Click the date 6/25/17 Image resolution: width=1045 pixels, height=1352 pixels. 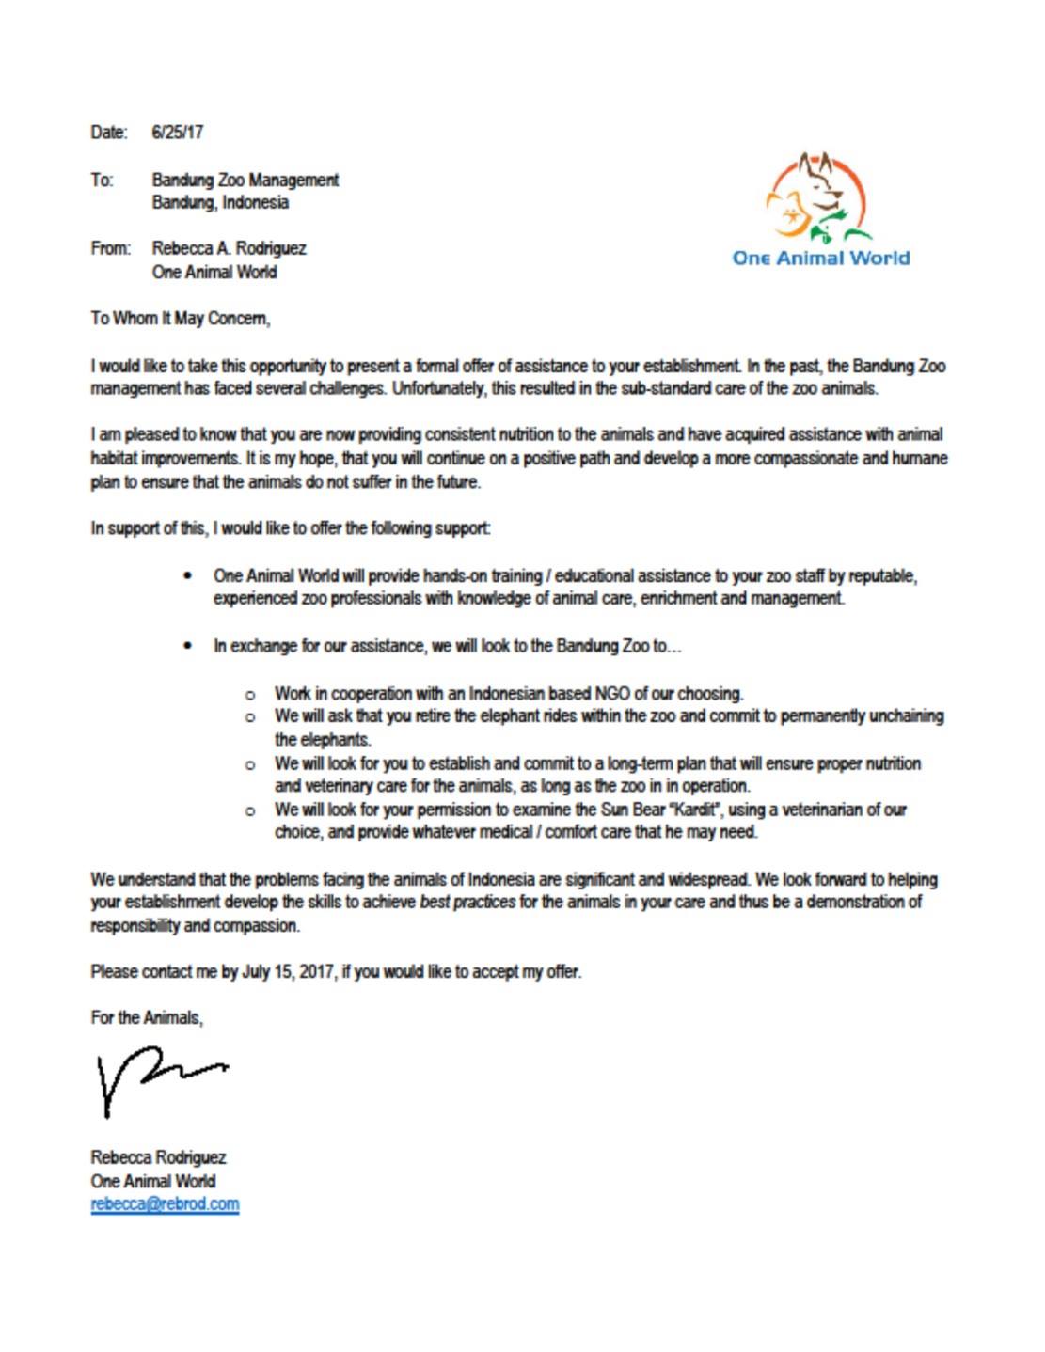(177, 133)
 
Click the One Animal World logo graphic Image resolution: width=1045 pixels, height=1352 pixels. (818, 198)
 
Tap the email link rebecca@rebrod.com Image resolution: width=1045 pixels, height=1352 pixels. (165, 1204)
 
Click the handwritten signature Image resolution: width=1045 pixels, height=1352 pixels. (155, 1082)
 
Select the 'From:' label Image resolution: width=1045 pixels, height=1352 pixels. (110, 249)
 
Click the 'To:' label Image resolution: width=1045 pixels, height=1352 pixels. (102, 180)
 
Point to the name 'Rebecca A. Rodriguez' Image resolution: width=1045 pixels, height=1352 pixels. (229, 249)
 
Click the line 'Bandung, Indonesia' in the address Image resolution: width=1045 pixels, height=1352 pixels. (220, 203)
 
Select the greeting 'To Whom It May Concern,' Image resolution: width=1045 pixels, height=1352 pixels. (181, 319)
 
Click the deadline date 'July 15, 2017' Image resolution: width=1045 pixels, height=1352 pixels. (288, 972)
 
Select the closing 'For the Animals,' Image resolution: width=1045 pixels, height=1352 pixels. (147, 1018)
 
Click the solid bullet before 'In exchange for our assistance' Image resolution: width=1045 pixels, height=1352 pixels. (190, 646)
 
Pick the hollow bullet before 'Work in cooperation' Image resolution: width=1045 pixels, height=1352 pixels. (250, 695)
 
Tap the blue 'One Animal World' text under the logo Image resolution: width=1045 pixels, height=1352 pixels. (820, 259)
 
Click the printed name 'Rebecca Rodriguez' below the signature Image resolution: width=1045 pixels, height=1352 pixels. (158, 1157)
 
